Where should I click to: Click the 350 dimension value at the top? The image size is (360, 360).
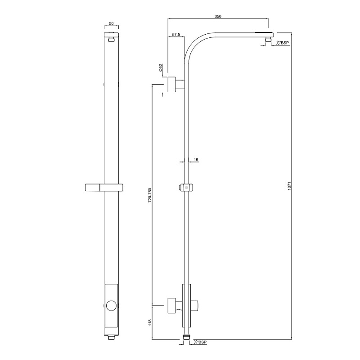(218, 16)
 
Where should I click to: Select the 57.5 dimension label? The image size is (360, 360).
(175, 34)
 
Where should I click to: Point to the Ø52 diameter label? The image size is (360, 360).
(161, 68)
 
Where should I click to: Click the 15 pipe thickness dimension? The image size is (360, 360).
(196, 160)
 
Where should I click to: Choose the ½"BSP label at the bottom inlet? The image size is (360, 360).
(201, 343)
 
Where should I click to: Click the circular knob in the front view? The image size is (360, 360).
(112, 307)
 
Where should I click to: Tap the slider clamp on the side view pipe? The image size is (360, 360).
(186, 187)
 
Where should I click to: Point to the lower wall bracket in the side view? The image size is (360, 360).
(173, 305)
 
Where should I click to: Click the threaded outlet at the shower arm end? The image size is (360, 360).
(268, 40)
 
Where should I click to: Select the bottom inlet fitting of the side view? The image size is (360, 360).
(187, 337)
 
